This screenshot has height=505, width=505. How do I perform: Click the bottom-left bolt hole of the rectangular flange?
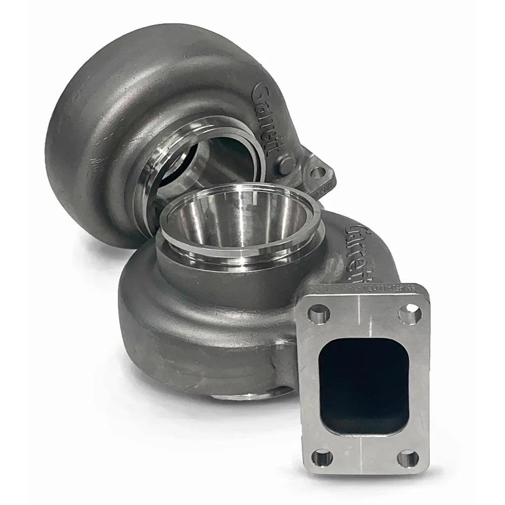point(322,458)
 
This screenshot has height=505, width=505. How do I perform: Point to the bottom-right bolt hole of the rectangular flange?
point(408,459)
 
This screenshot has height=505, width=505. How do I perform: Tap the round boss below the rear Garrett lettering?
point(286,164)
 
